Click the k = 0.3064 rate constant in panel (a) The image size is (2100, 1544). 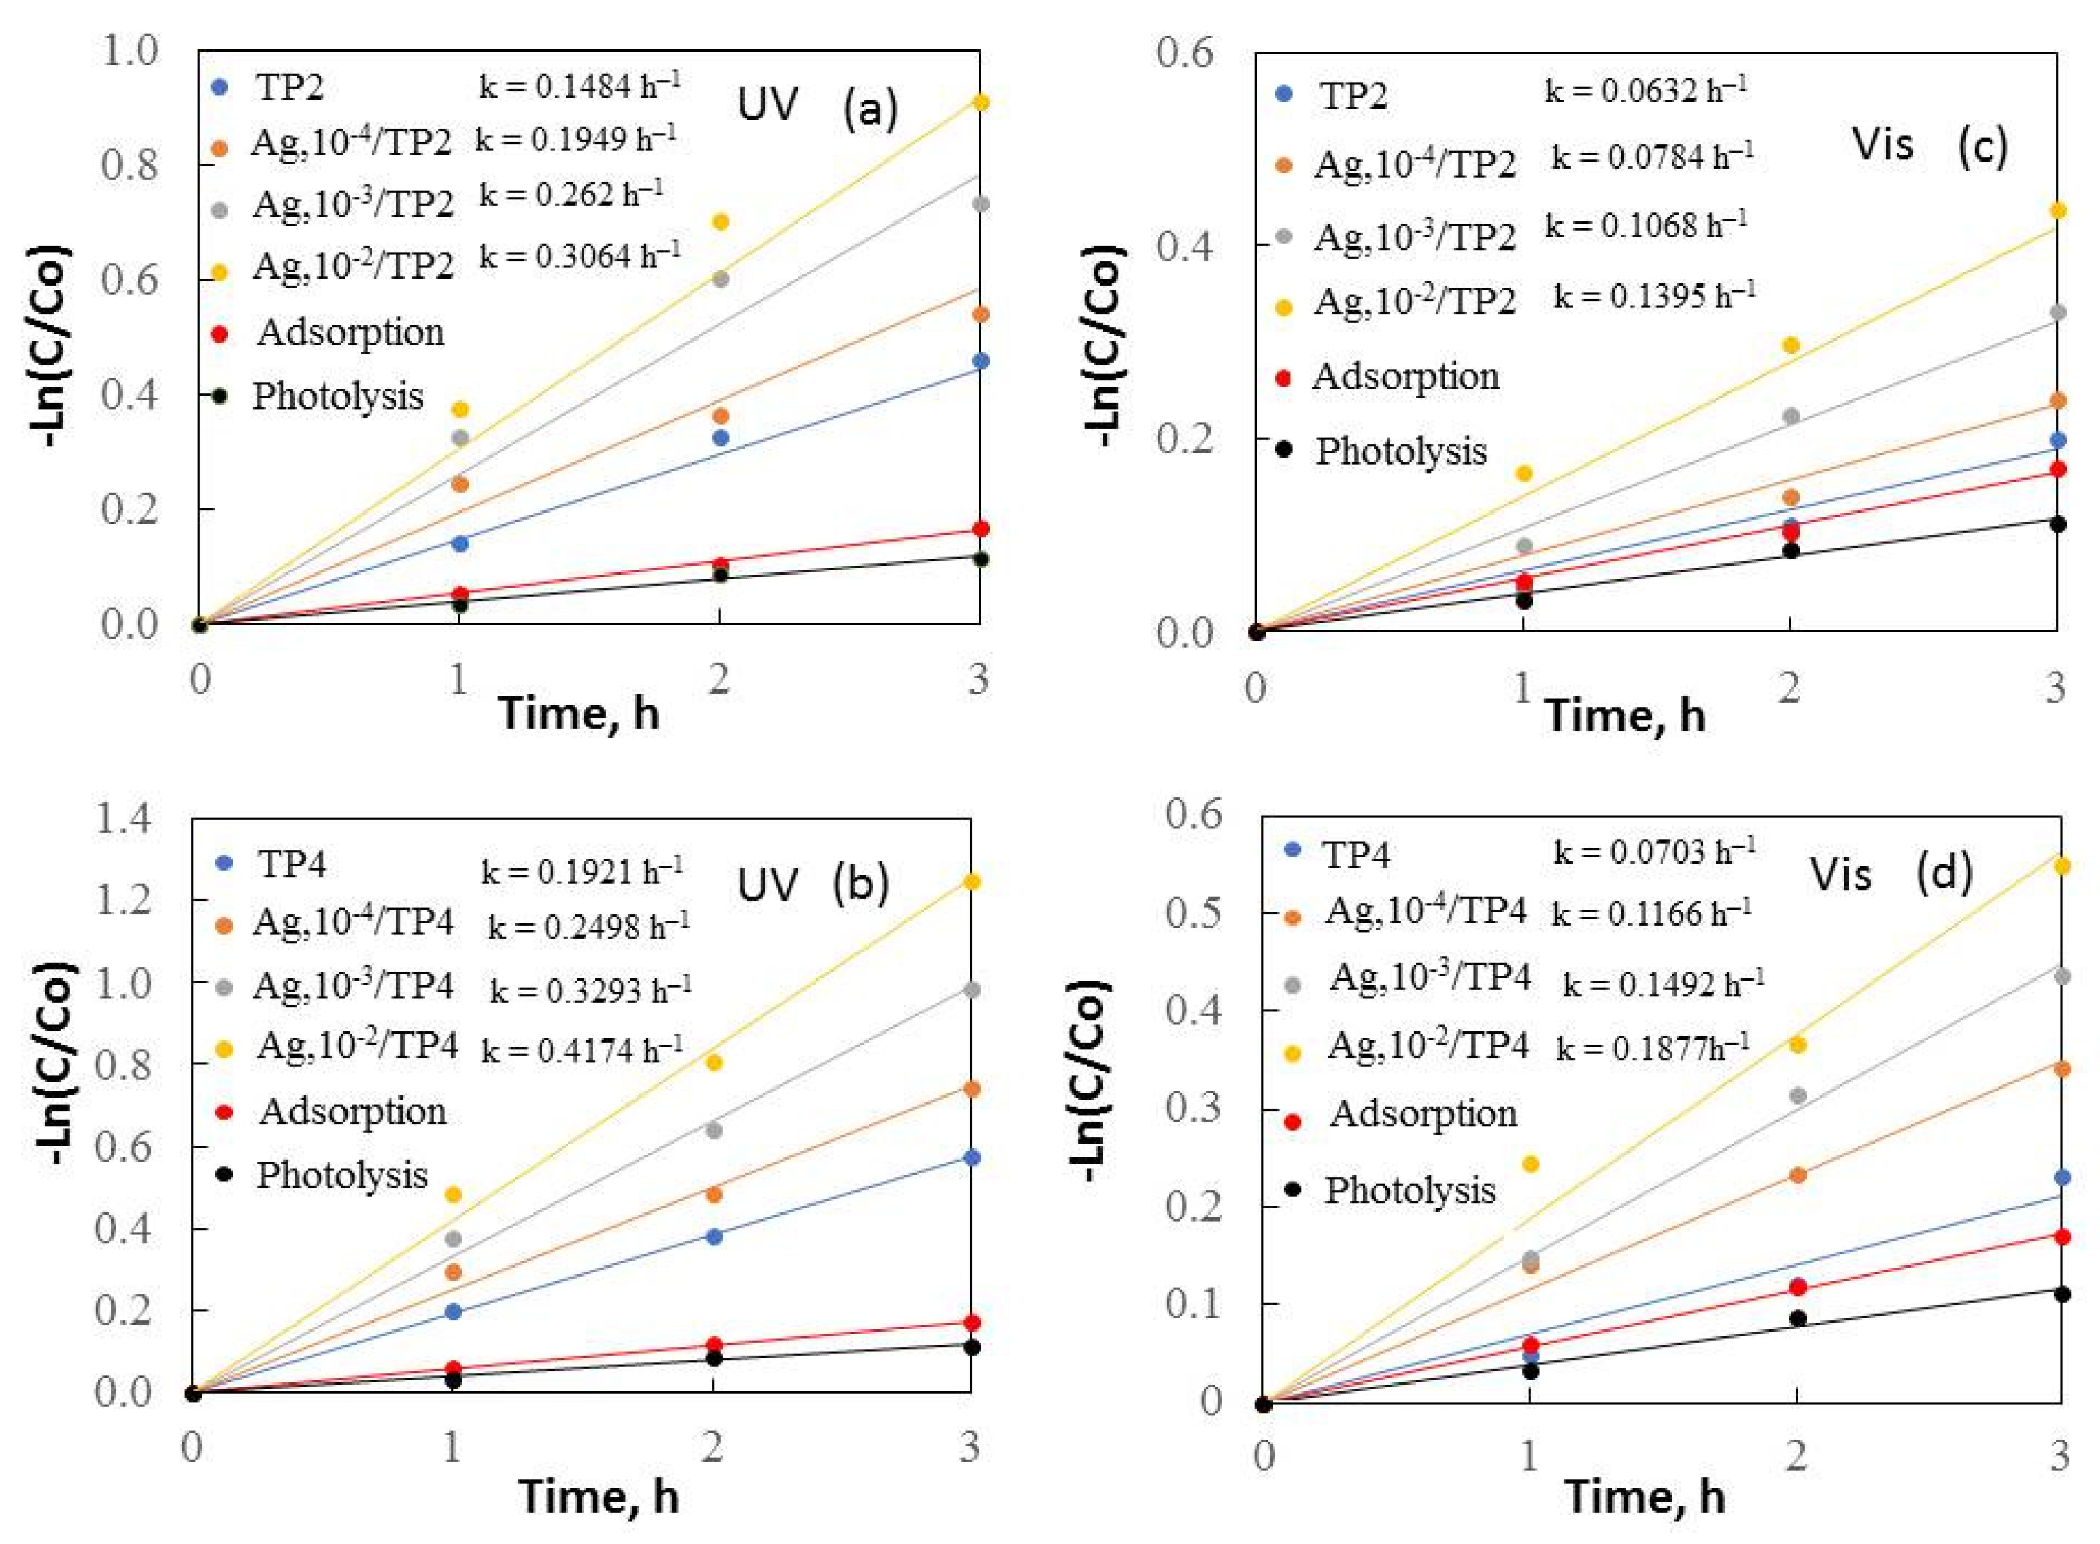pos(580,255)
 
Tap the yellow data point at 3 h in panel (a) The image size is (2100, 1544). pos(979,102)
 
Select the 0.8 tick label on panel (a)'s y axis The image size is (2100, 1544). pos(131,166)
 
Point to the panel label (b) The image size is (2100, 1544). pos(859,883)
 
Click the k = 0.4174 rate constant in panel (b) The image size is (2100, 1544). pos(582,1050)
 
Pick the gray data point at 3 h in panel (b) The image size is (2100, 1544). pos(972,990)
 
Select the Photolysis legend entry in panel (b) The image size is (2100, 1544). pos(342,1175)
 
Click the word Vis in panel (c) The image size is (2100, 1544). pos(1882,145)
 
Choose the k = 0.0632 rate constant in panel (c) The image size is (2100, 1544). pos(1646,91)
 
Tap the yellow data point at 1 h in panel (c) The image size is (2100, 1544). pos(1523,473)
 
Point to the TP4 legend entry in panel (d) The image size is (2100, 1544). pos(1355,853)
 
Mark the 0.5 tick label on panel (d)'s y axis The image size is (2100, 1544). pos(1195,913)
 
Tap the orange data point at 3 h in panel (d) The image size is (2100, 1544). pos(2062,1068)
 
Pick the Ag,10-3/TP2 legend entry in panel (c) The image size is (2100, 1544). pos(1414,237)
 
